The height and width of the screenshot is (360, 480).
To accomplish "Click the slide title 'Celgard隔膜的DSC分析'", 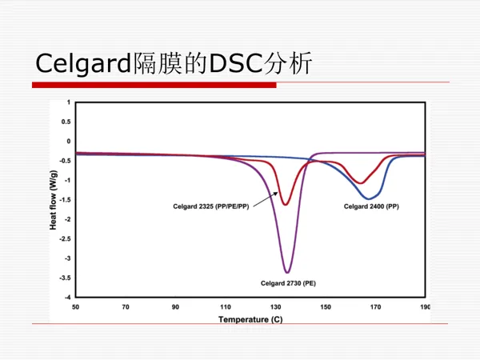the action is tap(174, 63).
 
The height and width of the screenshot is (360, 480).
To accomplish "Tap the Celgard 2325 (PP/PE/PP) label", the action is tap(211, 206).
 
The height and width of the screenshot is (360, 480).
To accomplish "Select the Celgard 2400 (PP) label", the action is tap(371, 206).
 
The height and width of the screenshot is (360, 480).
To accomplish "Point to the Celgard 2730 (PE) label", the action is tap(288, 283).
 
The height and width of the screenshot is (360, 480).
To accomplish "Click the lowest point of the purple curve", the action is tap(287, 272).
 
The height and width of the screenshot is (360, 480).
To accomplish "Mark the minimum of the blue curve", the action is tap(369, 198).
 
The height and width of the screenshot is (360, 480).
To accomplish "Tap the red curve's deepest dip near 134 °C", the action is tap(286, 204).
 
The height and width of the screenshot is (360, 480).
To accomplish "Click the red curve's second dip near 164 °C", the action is tap(361, 183).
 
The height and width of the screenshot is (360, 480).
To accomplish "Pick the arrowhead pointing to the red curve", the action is tap(276, 193).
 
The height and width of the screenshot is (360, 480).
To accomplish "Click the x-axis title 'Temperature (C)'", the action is tap(250, 319).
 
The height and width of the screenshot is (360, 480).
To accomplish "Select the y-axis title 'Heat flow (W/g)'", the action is tap(54, 200).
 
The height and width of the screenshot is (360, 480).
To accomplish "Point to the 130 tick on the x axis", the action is tap(275, 307).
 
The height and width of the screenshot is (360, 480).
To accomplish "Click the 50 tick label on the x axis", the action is tap(76, 307).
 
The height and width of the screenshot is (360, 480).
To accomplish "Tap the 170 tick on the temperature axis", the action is tap(376, 307).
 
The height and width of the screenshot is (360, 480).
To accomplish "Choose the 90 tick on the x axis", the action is tap(175, 307).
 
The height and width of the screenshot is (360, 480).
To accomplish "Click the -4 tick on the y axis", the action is tap(68, 298).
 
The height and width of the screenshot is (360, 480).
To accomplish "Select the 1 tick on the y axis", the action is tap(69, 102).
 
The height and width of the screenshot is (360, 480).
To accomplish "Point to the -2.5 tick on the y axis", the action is tap(66, 238).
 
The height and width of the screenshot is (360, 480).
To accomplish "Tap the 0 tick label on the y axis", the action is tap(69, 141).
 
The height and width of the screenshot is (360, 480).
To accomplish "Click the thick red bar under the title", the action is tap(154, 85).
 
